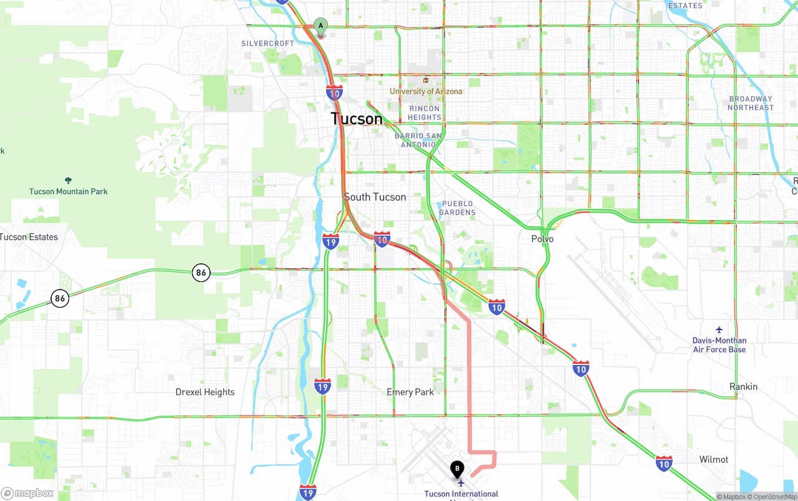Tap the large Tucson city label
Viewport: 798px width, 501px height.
tap(357, 119)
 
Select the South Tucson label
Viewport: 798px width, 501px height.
tap(375, 197)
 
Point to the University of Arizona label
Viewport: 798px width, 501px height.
tap(426, 91)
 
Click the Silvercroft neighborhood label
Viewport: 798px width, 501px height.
tap(267, 44)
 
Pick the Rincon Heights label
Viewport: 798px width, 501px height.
tap(425, 113)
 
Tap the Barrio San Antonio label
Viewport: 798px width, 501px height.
tap(418, 140)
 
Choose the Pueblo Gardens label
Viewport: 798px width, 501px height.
tap(457, 208)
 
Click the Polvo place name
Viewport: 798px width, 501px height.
tap(542, 239)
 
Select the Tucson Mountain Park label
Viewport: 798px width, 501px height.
tap(69, 192)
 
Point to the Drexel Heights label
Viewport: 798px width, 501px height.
tap(205, 392)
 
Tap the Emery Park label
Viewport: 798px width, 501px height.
tap(410, 392)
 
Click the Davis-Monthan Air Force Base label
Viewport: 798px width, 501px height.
tap(719, 345)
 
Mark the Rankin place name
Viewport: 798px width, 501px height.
tap(743, 387)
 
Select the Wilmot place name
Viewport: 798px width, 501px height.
tap(714, 460)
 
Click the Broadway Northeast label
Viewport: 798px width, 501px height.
tap(751, 103)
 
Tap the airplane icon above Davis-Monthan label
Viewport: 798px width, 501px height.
tap(719, 329)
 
